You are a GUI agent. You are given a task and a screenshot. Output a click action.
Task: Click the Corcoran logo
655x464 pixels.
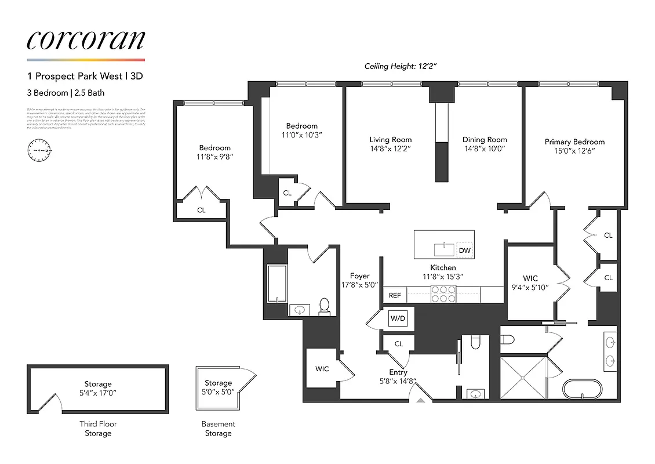coord(85,40)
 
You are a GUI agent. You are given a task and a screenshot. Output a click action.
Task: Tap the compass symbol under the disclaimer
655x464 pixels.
coord(39,150)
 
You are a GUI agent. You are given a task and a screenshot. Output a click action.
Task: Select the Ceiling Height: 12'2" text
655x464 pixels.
coord(400,66)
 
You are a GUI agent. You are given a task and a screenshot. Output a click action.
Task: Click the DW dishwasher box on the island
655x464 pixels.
coord(464,250)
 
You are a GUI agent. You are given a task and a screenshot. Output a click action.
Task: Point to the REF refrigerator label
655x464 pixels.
coord(395,295)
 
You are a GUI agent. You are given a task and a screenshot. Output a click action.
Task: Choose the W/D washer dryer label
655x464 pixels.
coord(397,318)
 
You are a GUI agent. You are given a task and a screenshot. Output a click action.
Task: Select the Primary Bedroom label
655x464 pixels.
coord(574,142)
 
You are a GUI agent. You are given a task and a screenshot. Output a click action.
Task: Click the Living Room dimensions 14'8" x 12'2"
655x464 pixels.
coord(390,149)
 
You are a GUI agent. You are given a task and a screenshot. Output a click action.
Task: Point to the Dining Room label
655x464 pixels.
coord(485,140)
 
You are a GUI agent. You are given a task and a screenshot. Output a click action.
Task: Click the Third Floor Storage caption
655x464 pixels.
coord(98,429)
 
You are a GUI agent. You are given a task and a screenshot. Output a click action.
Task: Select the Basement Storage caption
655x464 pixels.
coord(218,429)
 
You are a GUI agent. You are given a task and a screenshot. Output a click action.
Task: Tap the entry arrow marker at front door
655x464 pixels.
coord(420,398)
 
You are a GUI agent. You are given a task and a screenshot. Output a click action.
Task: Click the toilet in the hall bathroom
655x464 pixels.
coord(325,306)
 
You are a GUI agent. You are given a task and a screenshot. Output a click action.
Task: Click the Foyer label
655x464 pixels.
coord(359,276)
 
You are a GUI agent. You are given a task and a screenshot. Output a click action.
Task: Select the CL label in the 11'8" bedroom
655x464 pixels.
coord(201,211)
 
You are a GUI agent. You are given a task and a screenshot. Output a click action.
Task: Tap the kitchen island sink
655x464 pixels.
coord(445,249)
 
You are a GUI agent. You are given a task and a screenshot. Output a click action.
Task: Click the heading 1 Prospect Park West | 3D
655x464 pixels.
coord(85,76)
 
